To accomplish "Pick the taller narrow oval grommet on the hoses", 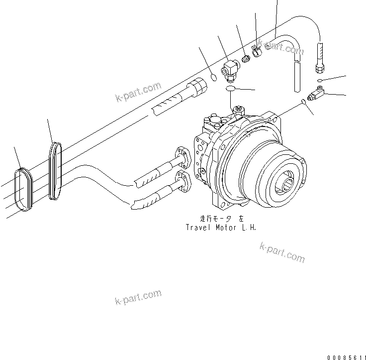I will tap(55, 171).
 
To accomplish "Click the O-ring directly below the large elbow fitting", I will tap(230, 89).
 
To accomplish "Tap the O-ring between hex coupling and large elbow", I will tap(213, 77).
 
